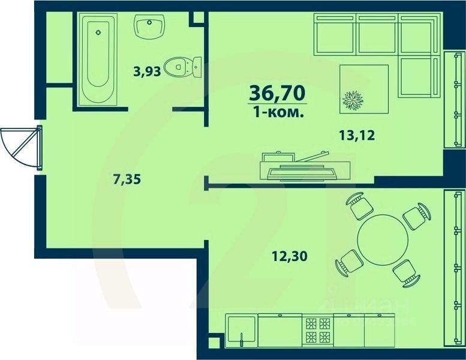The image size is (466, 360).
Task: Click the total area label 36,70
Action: click(x=276, y=94)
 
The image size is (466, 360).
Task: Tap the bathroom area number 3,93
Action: click(x=147, y=72)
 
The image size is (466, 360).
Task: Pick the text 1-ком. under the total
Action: click(x=276, y=112)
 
